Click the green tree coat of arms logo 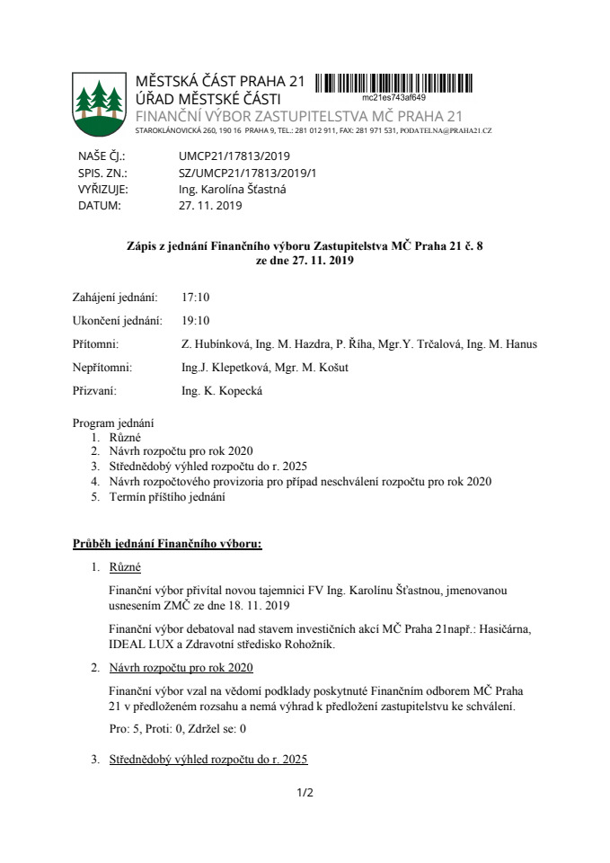pos(99,103)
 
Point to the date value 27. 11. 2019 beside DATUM pos(210,205)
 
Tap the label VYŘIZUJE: pos(103,189)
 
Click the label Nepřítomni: pos(102,367)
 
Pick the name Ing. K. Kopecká pos(222,390)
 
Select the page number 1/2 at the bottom pos(305,793)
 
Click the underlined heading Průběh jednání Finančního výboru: pos(166,544)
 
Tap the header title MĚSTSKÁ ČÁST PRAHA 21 pos(220,82)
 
